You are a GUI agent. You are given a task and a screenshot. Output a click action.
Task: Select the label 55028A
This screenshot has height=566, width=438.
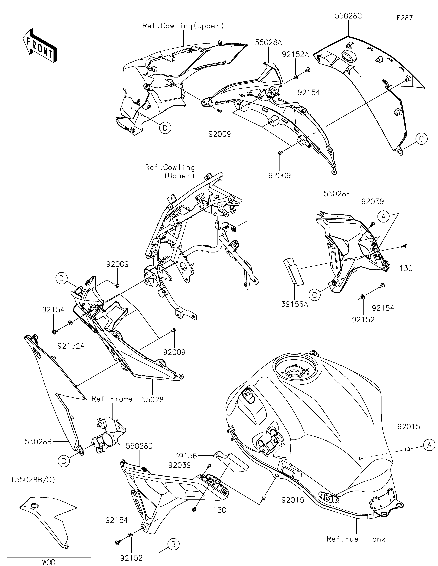(x=268, y=42)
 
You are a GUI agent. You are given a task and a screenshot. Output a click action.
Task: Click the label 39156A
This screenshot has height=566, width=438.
(x=295, y=304)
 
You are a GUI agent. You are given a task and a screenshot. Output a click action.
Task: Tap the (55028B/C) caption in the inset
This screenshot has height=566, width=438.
(x=33, y=480)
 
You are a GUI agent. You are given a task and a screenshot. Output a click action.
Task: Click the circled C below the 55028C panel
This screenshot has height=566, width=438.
(x=421, y=139)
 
